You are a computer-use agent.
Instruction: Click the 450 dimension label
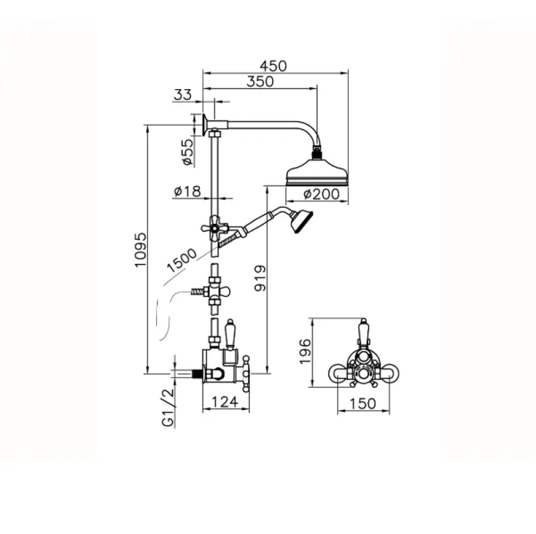click(273, 66)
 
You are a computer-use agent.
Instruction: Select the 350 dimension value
click(260, 81)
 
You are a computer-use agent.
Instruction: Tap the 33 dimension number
click(182, 94)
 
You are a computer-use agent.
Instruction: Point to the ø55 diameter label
click(188, 152)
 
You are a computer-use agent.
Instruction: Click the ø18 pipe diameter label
click(187, 192)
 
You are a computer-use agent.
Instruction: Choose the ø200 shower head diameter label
click(322, 194)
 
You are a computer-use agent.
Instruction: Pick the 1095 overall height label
click(140, 250)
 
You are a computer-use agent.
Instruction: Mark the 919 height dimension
click(260, 278)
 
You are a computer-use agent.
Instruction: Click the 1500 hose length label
click(182, 260)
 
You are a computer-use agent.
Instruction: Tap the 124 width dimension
click(225, 402)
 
